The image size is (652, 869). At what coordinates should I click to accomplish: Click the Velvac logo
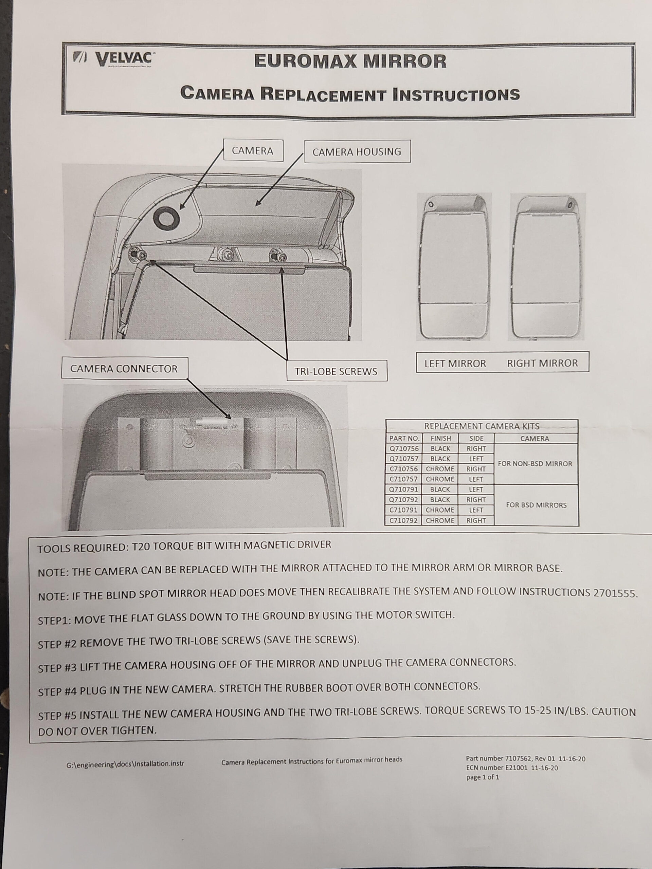114,59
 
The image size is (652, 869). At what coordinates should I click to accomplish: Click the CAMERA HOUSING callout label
357,152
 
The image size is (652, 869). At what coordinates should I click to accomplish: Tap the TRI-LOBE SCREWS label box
336,371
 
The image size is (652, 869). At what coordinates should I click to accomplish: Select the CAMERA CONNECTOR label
124,369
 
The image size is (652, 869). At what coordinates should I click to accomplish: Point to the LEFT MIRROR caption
455,364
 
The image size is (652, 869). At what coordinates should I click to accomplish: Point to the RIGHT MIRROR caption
542,363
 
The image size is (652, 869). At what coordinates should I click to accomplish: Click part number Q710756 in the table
404,449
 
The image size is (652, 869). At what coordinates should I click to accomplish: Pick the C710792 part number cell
404,520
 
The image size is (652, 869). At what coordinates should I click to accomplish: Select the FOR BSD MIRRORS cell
536,505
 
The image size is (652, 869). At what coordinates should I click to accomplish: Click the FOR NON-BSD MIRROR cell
535,464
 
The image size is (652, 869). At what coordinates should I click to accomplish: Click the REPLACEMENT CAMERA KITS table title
482,426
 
